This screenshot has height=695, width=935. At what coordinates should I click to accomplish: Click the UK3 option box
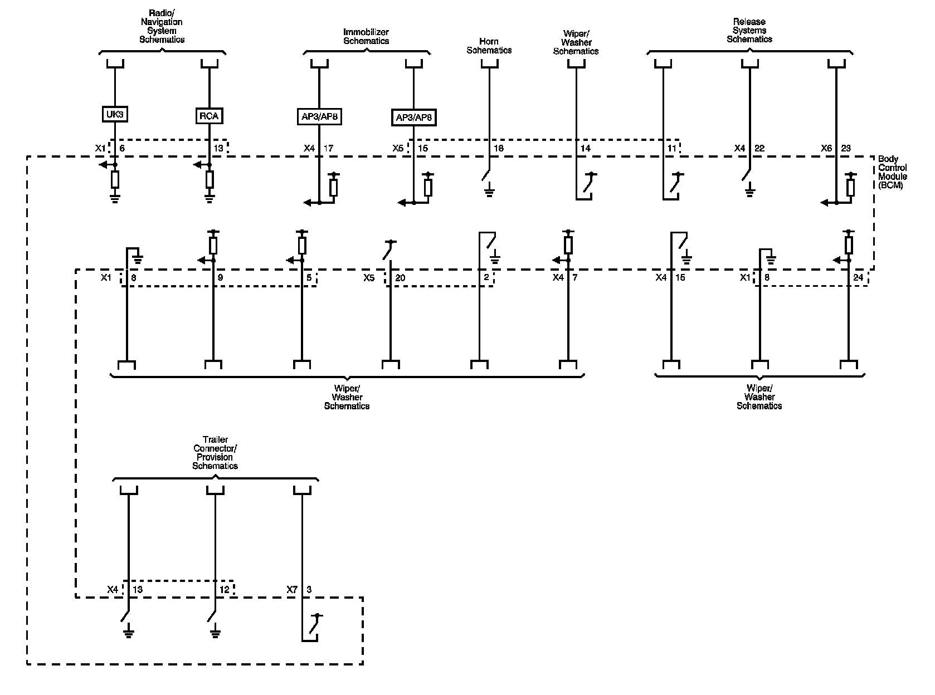tap(114, 115)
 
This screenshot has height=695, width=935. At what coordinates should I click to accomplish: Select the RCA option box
tap(209, 116)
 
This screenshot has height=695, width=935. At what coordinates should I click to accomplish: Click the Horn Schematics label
tap(489, 46)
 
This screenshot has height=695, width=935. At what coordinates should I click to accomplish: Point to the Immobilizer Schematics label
tap(366, 37)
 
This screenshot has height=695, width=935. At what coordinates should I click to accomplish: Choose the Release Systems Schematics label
tap(749, 31)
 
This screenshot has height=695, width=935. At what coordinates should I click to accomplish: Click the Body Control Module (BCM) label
tap(892, 172)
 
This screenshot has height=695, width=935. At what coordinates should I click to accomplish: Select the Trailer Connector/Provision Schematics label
tap(215, 453)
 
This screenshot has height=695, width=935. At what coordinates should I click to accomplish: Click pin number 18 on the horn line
tap(499, 149)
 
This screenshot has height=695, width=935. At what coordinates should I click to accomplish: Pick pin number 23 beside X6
tap(846, 149)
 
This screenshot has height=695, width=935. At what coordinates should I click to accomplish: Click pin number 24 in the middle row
tap(858, 277)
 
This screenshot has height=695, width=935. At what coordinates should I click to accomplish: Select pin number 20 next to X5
tap(400, 277)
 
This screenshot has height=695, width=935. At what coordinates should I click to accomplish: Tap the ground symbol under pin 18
tap(489, 193)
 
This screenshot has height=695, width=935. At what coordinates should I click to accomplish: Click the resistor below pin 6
tap(115, 179)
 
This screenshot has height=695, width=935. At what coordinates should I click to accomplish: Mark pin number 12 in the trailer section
tap(224, 589)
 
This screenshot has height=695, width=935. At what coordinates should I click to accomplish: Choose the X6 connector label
tap(826, 149)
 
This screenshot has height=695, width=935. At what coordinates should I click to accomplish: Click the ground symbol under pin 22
tap(750, 193)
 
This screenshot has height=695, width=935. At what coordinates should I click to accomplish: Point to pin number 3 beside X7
tap(309, 589)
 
